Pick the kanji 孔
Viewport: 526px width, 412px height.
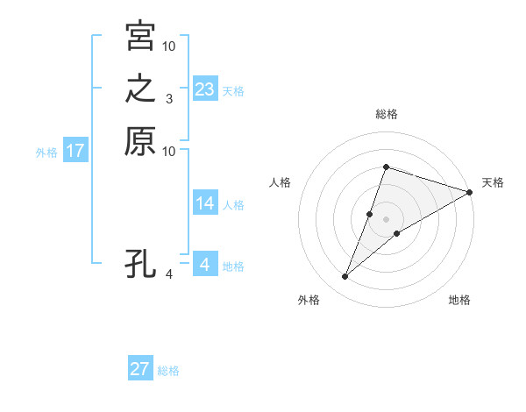(x=140, y=263)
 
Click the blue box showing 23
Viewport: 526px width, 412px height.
(x=205, y=89)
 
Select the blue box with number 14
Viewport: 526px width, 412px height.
(x=205, y=203)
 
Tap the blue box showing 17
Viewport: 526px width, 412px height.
(x=75, y=151)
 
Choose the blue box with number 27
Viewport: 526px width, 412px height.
(x=140, y=369)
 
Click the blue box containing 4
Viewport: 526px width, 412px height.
(x=205, y=263)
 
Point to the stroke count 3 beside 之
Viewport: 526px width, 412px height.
(x=168, y=99)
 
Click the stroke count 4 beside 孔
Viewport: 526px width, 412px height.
(x=168, y=274)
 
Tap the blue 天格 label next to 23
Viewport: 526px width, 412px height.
(x=233, y=90)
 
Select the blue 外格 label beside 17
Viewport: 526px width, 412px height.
(x=46, y=153)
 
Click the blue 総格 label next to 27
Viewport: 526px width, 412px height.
(x=168, y=371)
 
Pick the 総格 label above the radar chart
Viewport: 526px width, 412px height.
(x=386, y=114)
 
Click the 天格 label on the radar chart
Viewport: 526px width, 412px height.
(x=493, y=182)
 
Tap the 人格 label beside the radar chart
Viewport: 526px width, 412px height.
(x=281, y=182)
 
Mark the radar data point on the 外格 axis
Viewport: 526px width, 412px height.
(x=345, y=277)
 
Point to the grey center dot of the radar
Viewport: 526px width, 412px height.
(x=386, y=219)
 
